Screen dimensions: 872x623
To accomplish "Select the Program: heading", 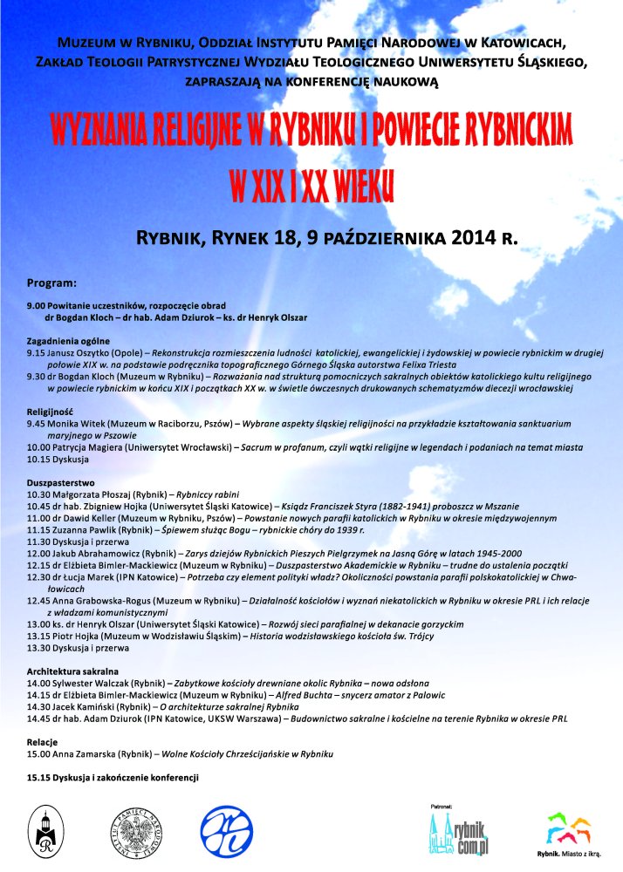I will click(x=52, y=283).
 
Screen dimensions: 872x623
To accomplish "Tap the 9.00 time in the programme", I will click(x=37, y=307).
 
